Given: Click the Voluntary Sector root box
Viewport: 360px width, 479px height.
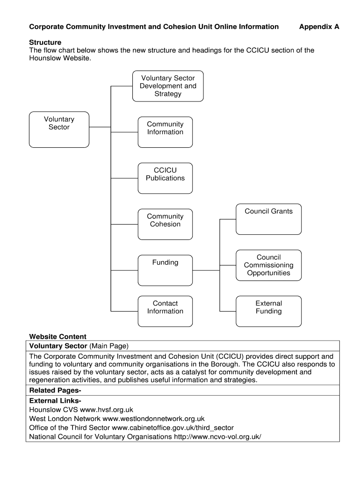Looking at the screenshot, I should (x=59, y=130).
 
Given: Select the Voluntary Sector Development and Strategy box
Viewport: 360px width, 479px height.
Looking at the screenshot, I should (x=168, y=86).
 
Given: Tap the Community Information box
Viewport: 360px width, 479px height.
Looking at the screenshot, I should (x=165, y=132).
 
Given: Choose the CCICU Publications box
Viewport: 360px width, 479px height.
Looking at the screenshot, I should (x=165, y=178).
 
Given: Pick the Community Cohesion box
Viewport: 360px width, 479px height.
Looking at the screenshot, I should (x=165, y=224).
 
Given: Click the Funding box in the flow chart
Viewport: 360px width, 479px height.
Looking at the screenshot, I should (x=165, y=270).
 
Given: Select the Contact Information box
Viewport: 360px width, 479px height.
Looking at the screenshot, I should (x=165, y=311).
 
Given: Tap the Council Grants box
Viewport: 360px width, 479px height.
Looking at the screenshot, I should (x=268, y=219).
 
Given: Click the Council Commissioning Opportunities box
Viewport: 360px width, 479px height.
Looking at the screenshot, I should (x=268, y=265).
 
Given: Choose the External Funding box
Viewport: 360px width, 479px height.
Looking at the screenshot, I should (x=268, y=311).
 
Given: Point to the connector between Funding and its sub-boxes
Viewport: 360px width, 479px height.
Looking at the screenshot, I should (x=206, y=270).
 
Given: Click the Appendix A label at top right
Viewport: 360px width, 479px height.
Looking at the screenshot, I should (x=319, y=27).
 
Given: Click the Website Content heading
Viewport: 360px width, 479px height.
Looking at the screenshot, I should (x=58, y=336).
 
